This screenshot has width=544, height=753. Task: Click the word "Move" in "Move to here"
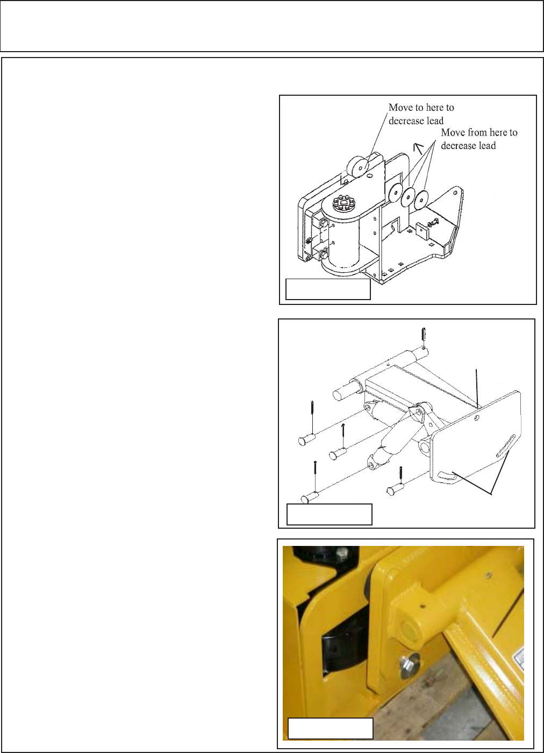[x=399, y=108]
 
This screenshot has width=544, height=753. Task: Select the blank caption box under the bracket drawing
[x=328, y=289]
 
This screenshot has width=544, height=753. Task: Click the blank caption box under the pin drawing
[x=330, y=514]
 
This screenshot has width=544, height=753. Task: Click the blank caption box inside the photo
[x=331, y=728]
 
